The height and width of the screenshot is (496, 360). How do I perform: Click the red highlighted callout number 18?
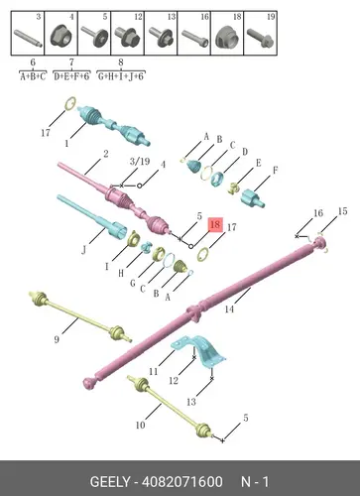(x=215, y=225)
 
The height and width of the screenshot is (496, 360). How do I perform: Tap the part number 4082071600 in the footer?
(x=182, y=482)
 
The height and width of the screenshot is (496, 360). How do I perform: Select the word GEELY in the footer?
(x=110, y=482)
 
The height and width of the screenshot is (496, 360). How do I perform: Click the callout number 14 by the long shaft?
(x=229, y=309)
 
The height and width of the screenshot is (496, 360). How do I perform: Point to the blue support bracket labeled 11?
(x=200, y=350)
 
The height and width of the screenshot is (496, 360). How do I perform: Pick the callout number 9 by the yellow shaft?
(x=57, y=339)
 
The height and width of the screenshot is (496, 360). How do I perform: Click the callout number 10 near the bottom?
(x=140, y=425)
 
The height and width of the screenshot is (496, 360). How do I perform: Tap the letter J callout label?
(x=83, y=250)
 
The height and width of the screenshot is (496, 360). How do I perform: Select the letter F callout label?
(x=275, y=171)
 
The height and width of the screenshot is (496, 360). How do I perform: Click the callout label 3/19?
(x=140, y=161)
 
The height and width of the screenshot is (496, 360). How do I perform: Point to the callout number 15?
(x=343, y=211)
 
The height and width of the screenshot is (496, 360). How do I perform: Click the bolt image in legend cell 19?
(x=260, y=37)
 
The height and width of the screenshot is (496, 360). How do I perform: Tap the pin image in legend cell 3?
(x=28, y=38)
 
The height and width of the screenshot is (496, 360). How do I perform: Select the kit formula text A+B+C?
(x=33, y=76)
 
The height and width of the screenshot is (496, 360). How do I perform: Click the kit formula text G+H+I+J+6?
(x=121, y=76)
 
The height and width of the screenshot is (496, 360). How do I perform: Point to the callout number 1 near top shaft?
(x=66, y=144)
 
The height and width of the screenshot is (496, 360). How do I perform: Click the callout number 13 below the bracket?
(x=191, y=402)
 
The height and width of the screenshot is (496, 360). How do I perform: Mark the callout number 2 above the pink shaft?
(x=105, y=154)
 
